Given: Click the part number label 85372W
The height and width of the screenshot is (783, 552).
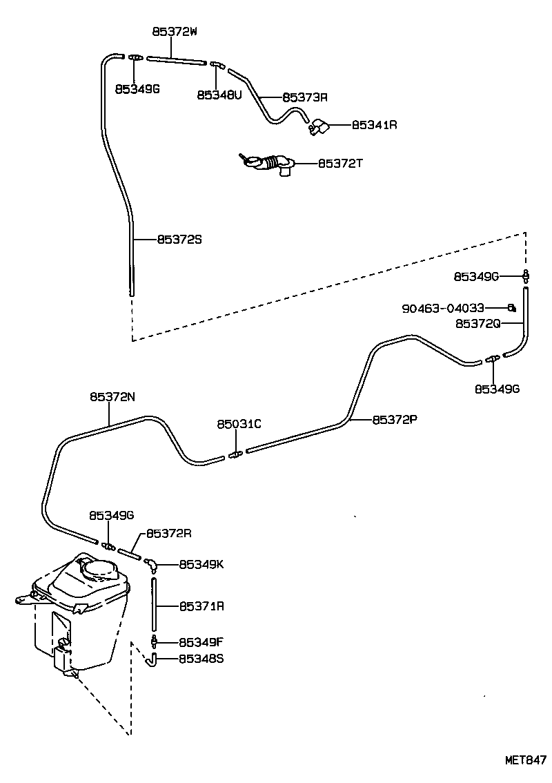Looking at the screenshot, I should point(175,31).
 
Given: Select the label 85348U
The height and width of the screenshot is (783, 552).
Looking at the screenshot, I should point(219,95).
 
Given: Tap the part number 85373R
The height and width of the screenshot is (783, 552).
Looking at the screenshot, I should point(304,97).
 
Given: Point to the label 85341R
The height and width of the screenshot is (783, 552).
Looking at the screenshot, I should point(375,125).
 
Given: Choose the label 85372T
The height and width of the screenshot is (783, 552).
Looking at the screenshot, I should point(340,164).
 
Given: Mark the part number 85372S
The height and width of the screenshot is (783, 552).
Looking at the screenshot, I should point(179,240).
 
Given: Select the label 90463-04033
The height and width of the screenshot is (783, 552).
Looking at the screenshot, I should point(443,308).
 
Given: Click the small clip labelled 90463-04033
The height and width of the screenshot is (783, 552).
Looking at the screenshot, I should point(511,307).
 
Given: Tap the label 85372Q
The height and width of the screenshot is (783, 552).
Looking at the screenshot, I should point(477,322).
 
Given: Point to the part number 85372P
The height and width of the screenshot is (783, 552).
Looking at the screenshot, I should point(395,419).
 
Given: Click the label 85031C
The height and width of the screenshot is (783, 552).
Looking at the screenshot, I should point(239,424).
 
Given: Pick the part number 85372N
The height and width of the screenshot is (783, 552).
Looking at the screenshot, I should point(112,396).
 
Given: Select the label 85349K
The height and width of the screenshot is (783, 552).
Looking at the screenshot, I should point(201,564).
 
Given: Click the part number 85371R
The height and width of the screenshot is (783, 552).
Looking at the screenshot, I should point(201,606).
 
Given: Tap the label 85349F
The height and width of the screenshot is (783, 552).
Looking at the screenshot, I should point(201,641).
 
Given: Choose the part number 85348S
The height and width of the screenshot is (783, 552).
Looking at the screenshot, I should point(201,659).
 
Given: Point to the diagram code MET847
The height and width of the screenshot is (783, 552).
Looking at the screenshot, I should point(526,760).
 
